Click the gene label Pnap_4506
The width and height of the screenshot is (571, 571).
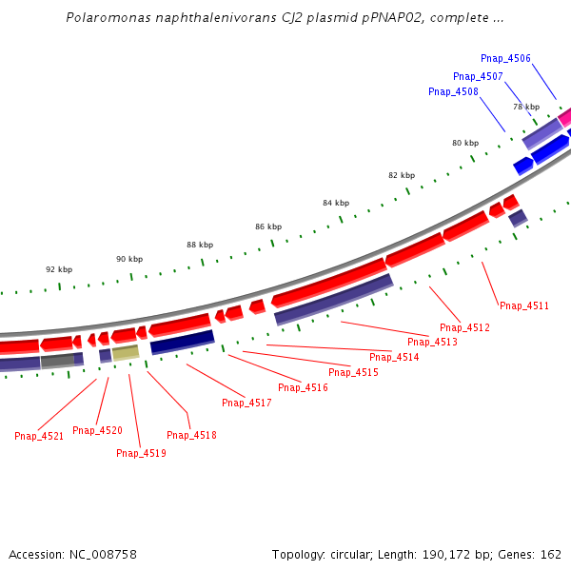tap(505, 59)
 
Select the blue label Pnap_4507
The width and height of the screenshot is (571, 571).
tap(478, 76)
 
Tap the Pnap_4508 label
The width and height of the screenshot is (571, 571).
tap(453, 92)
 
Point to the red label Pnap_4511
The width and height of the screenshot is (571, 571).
tap(524, 306)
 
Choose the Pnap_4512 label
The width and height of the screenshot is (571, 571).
tap(464, 328)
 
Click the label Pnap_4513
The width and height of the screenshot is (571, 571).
tap(432, 343)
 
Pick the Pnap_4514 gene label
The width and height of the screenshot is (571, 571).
tap(394, 358)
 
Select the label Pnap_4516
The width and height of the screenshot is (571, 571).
tap(303, 388)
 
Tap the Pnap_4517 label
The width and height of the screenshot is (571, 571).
tap(246, 404)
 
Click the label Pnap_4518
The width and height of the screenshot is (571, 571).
tap(191, 436)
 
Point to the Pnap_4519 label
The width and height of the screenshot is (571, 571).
tap(141, 454)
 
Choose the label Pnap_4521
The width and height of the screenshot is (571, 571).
tap(39, 437)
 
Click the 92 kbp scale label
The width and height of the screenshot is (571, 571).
tap(59, 269)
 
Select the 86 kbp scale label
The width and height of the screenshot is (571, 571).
tap(268, 226)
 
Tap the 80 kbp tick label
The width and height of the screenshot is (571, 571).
tap(465, 143)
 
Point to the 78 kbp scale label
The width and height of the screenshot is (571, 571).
tap(526, 107)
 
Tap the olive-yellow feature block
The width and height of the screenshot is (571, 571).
tap(126, 353)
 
